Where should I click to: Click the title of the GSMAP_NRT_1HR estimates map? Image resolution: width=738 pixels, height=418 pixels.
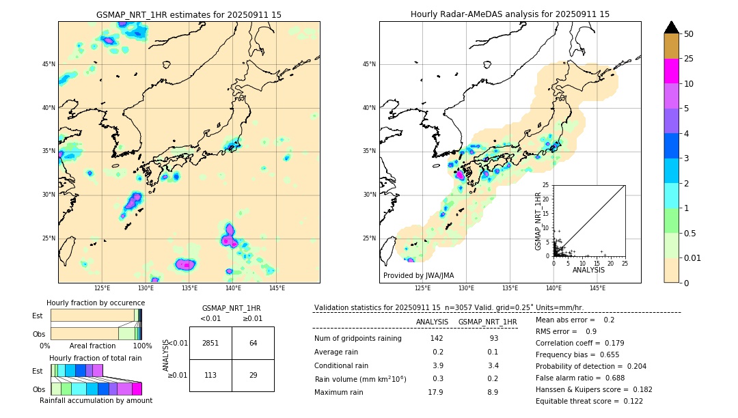point(189,14)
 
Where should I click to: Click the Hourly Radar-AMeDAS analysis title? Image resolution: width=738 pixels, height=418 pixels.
point(510,14)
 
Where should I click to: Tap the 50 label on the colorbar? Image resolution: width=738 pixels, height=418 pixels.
point(689,34)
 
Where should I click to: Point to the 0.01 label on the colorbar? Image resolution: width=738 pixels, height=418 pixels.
point(693,257)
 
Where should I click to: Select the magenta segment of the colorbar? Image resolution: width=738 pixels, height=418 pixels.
point(671,71)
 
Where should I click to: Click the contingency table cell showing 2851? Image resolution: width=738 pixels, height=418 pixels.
point(210,343)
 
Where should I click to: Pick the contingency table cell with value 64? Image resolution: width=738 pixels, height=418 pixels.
point(253,343)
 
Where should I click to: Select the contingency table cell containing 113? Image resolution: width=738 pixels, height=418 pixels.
point(210,374)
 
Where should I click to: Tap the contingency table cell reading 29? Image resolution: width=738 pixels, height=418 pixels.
point(253,374)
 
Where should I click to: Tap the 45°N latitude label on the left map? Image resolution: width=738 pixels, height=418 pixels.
point(49,64)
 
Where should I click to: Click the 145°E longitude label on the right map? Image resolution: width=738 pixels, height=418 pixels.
point(597,288)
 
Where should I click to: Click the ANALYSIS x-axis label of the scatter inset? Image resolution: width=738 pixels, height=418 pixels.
point(588,270)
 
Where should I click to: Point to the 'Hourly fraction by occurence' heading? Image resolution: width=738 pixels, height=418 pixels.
point(96,303)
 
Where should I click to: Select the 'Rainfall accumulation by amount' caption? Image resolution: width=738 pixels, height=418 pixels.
point(96,400)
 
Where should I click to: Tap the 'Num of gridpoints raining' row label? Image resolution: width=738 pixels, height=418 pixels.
point(357,339)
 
